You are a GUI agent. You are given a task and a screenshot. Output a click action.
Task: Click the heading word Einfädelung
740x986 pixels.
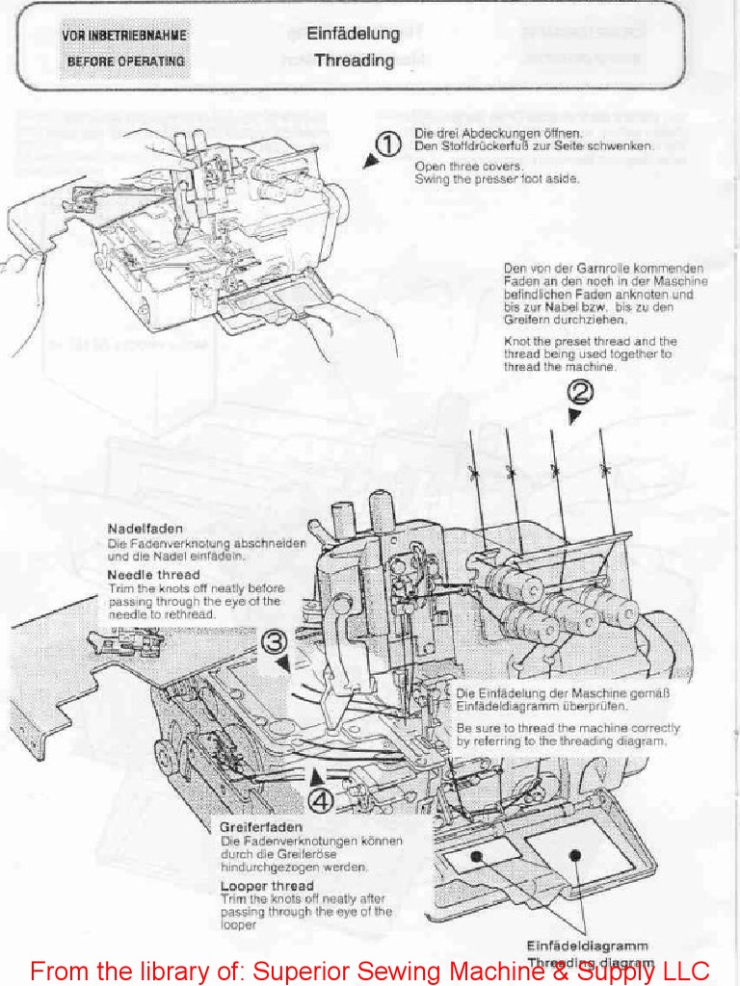[353, 34]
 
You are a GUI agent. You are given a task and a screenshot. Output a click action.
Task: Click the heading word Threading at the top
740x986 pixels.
[354, 61]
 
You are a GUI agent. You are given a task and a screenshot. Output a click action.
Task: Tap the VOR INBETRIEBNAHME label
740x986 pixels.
[124, 36]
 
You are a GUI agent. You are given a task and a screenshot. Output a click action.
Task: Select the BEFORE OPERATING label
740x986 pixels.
[125, 61]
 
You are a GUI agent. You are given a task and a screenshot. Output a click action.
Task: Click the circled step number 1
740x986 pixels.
[387, 145]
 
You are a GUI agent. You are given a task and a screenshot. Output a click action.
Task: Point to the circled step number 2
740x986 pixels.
[580, 392]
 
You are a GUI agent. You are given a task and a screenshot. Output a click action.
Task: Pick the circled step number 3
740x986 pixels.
[275, 641]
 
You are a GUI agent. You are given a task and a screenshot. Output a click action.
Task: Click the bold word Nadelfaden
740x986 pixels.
[145, 529]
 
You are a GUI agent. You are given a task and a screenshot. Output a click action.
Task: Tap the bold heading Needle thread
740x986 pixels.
[153, 575]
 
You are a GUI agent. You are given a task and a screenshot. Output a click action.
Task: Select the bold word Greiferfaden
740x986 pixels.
[261, 827]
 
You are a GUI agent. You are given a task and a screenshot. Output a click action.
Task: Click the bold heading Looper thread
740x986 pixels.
[267, 886]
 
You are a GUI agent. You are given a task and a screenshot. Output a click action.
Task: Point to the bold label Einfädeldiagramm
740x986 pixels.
[587, 946]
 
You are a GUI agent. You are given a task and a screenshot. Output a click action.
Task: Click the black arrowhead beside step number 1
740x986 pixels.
[369, 162]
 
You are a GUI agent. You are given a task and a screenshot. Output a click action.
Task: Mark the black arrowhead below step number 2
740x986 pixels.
[574, 416]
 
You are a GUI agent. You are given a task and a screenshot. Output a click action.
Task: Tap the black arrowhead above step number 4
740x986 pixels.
[317, 774]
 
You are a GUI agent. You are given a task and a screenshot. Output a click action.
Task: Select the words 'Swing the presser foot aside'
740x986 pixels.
[496, 179]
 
